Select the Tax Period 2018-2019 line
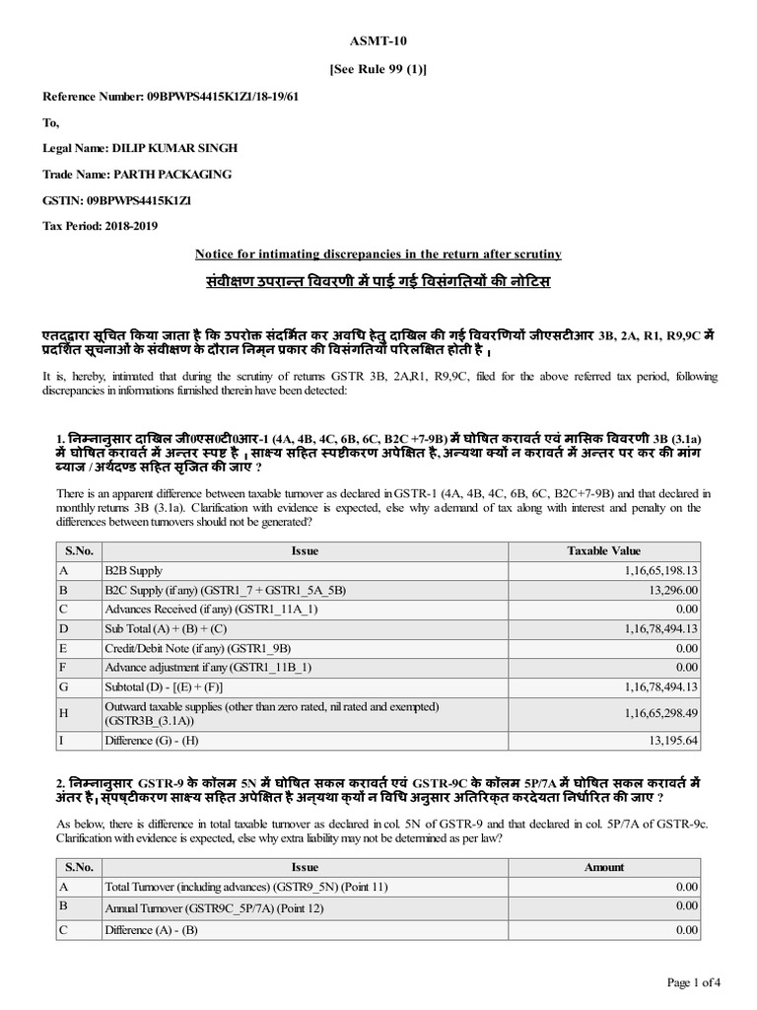tap(100, 226)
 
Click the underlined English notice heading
tap(378, 253)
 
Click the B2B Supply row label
tap(134, 570)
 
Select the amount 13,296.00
tap(672, 590)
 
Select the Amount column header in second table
tap(603, 867)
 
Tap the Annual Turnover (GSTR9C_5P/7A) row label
tap(214, 907)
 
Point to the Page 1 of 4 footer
tap(694, 982)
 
